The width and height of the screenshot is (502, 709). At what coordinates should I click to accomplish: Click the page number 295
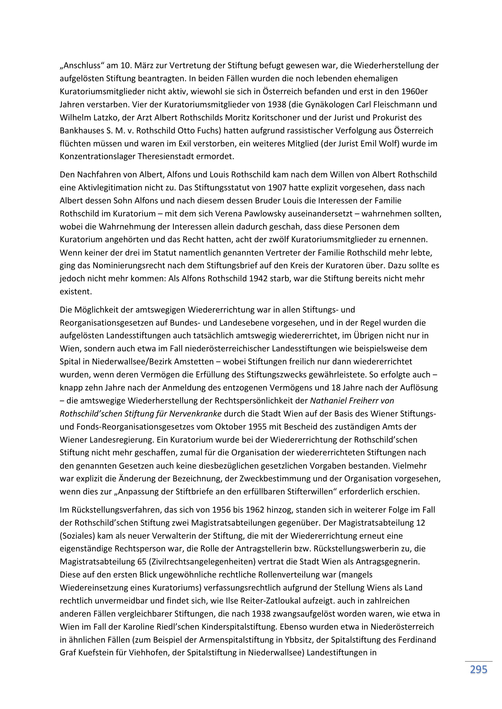pos(479,670)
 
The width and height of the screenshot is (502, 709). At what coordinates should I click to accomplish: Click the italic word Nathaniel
pos(328,400)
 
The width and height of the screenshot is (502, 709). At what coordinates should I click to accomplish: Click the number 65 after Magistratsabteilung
pos(141,561)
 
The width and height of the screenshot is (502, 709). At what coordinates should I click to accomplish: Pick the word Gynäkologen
pos(330,104)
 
